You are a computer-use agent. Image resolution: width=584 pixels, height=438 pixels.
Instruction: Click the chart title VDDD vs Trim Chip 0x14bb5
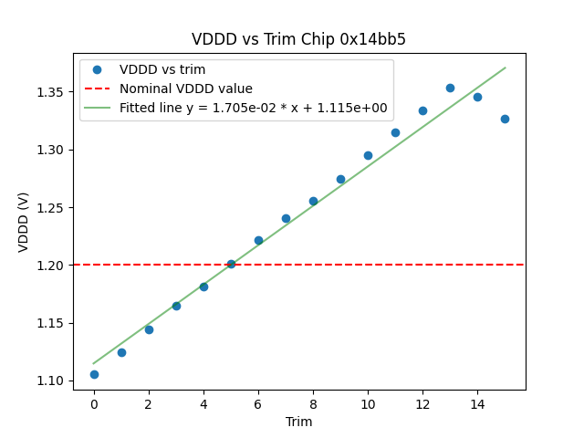click(x=298, y=39)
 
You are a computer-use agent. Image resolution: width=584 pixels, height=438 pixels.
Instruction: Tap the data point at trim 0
click(x=94, y=374)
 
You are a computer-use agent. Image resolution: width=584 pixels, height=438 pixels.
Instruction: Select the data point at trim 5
click(x=231, y=264)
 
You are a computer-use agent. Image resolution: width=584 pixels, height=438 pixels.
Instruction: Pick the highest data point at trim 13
click(x=450, y=88)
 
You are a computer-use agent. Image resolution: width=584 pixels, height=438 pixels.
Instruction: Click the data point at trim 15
click(x=505, y=119)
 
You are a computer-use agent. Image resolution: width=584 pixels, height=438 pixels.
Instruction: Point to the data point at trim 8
click(x=313, y=201)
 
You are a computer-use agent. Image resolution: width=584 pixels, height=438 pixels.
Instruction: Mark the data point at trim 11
click(x=395, y=132)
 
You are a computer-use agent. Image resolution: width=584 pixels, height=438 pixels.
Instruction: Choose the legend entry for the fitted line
click(x=253, y=108)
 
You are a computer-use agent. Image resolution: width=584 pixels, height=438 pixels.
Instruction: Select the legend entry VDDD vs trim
click(x=162, y=69)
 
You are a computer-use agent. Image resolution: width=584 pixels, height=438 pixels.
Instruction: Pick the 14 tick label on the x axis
click(x=477, y=403)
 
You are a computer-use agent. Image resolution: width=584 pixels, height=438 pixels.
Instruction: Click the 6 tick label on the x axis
click(x=258, y=403)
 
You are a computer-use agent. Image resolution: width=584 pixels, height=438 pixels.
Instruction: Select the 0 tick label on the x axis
click(x=94, y=403)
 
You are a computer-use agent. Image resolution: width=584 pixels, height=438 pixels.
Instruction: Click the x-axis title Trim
click(x=298, y=422)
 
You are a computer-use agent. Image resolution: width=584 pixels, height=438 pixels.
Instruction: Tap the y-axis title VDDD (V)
click(x=24, y=221)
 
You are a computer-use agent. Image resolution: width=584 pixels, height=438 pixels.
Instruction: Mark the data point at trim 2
click(x=149, y=329)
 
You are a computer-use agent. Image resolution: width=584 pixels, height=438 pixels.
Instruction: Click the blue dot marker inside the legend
click(x=97, y=69)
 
